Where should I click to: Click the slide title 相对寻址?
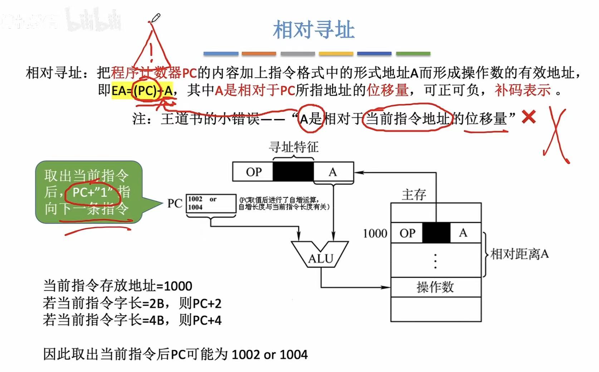tap(313, 29)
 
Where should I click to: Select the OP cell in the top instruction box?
tap(253, 172)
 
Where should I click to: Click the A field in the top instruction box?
tap(333, 172)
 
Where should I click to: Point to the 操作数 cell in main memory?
tap(435, 287)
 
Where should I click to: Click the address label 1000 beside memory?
tap(375, 234)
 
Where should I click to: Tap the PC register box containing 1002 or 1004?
tap(211, 204)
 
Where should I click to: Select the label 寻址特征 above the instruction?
tap(293, 147)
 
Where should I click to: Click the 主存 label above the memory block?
tap(414, 195)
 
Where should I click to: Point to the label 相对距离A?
tap(519, 254)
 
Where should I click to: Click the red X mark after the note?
tap(529, 117)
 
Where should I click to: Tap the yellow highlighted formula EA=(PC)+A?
tap(142, 90)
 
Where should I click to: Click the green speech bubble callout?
tap(89, 192)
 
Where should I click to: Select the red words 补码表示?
tap(522, 90)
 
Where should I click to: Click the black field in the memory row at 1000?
tap(436, 233)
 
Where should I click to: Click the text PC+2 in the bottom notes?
tap(207, 304)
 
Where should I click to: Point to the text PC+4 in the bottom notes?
tap(207, 320)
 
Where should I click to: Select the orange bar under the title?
tap(259, 54)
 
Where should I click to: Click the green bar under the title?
tap(413, 54)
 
